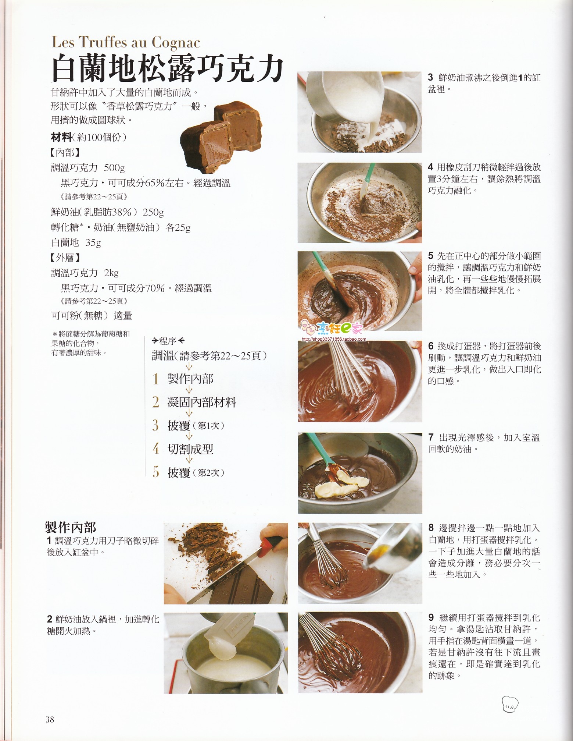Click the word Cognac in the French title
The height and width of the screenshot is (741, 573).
(176, 43)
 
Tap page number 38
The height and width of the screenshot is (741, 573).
(50, 719)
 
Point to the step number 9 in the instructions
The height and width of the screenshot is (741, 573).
(431, 617)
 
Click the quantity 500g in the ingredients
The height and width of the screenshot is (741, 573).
(114, 168)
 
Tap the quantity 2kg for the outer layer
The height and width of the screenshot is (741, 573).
(111, 273)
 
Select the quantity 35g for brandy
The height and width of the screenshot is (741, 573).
(93, 243)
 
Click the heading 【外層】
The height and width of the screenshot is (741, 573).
(65, 258)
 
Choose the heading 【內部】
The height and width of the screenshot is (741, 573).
(65, 153)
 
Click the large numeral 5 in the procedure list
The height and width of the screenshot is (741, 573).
(156, 472)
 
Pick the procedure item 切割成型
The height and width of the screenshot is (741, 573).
(190, 449)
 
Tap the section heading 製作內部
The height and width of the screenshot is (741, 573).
(71, 527)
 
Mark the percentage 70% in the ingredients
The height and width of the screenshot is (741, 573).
(155, 288)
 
